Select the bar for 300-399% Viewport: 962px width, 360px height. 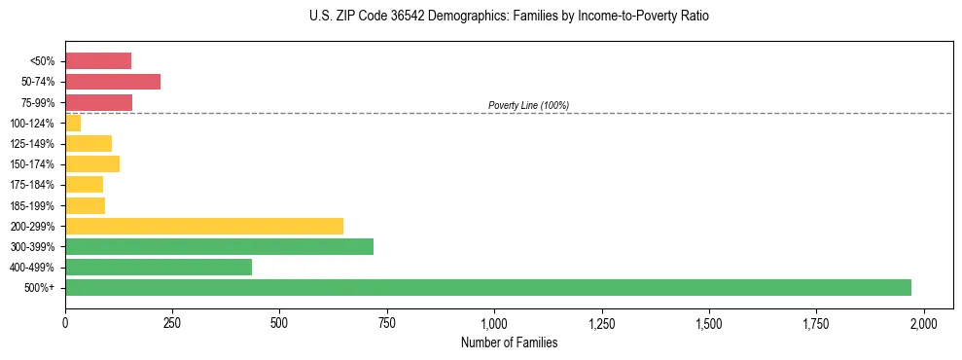tap(219, 246)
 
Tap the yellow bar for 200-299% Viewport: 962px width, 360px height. tap(204, 226)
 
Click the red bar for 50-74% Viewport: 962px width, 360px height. tap(113, 82)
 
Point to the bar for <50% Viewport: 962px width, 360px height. tap(98, 61)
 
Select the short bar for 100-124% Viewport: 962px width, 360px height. tap(73, 123)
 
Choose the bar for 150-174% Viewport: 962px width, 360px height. tap(92, 163)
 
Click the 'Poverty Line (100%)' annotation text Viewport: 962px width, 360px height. tap(528, 105)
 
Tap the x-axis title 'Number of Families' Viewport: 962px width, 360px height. tap(509, 342)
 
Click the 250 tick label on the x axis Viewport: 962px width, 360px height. tap(172, 322)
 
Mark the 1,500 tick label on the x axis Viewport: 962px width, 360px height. tap(709, 322)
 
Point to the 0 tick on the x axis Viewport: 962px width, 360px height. tap(65, 322)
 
